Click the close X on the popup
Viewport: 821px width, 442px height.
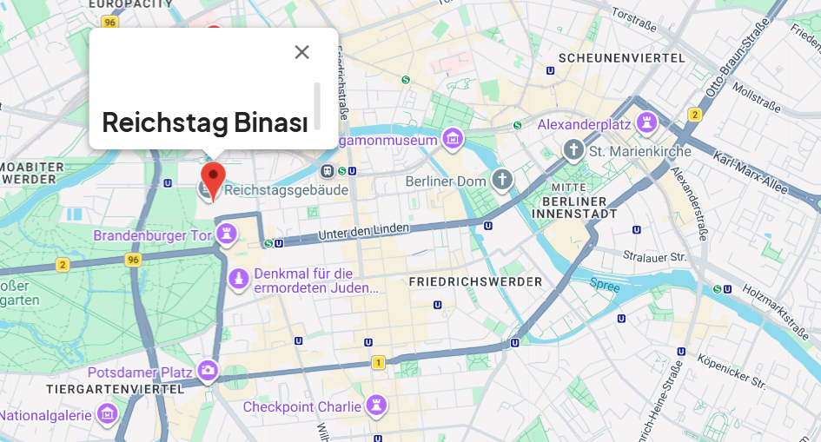[x=301, y=52]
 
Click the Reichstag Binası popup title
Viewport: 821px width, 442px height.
[x=205, y=122]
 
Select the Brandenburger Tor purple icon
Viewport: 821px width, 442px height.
[x=227, y=234]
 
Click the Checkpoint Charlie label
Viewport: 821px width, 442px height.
[x=301, y=406]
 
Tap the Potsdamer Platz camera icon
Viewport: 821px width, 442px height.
[x=208, y=372]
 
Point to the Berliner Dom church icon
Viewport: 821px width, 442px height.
[x=502, y=181]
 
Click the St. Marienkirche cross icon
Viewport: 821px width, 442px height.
[x=573, y=150]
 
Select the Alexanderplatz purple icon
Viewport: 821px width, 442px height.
[x=646, y=123]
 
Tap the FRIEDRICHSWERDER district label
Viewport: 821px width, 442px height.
[x=474, y=282]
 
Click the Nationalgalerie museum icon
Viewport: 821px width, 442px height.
[x=108, y=414]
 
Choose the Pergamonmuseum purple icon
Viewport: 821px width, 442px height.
[x=452, y=139]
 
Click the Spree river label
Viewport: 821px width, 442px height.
[x=605, y=285]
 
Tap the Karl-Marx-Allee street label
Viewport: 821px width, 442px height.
[x=765, y=171]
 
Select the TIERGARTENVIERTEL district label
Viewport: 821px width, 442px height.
[x=109, y=388]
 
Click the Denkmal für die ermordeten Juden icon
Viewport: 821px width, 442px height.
[x=238, y=278]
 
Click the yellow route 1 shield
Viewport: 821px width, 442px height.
[x=377, y=363]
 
